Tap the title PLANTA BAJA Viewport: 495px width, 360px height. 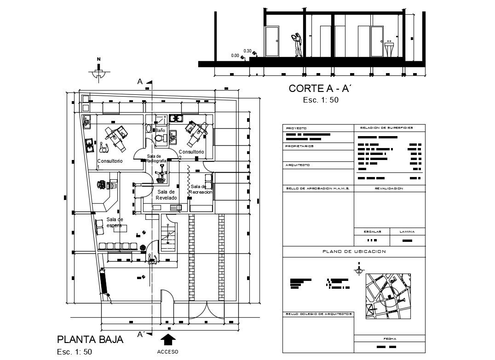click(90, 340)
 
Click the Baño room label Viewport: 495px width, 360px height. click(160, 131)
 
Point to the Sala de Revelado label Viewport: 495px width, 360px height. click(166, 194)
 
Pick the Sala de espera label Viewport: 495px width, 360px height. click(115, 222)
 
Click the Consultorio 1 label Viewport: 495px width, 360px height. click(109, 164)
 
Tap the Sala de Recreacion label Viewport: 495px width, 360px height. click(201, 189)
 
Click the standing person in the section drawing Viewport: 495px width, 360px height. click(297, 45)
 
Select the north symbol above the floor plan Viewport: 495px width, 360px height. click(98, 70)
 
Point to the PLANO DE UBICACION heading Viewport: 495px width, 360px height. click(354, 251)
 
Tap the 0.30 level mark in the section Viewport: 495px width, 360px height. click(247, 51)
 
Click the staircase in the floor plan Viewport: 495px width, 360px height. click(169, 236)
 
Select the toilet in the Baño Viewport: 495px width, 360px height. click(159, 138)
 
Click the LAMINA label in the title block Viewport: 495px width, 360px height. click(407, 232)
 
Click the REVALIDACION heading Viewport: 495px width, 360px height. click(389, 188)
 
